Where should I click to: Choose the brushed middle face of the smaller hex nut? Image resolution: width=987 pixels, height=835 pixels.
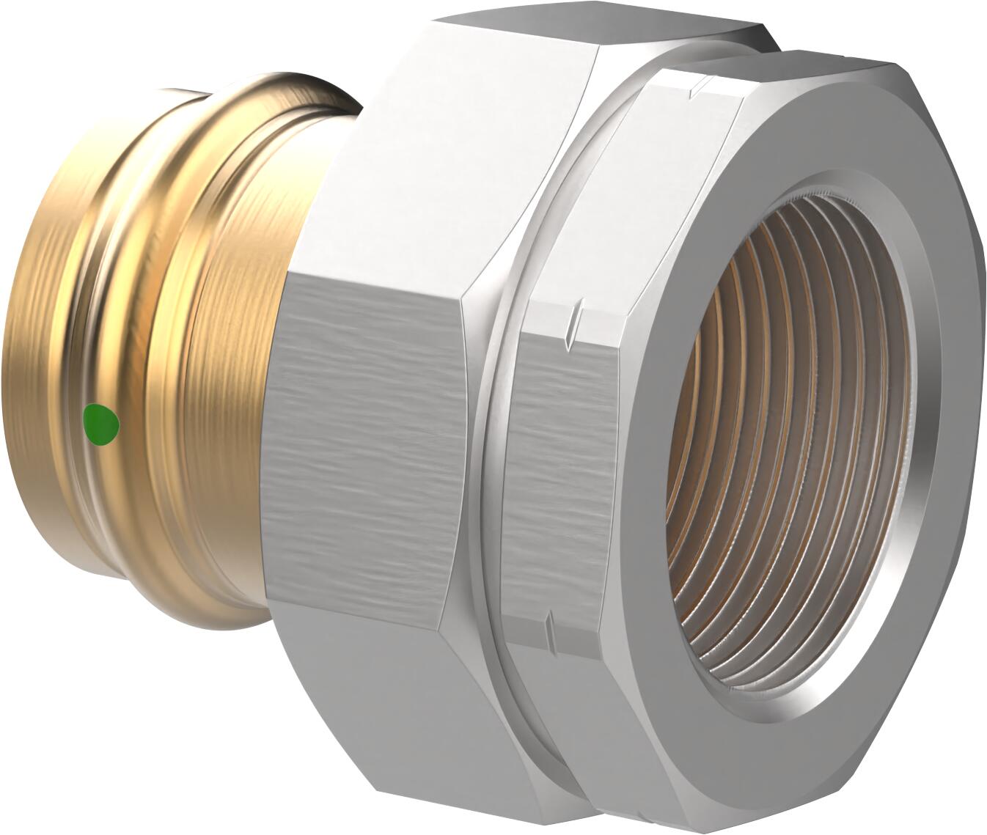click(557, 469)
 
